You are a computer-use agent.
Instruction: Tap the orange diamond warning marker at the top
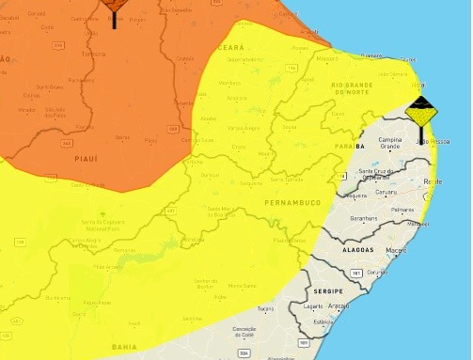point(115,5)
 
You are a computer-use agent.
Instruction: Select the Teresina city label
point(93,54)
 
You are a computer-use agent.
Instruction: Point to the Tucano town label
point(266,308)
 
